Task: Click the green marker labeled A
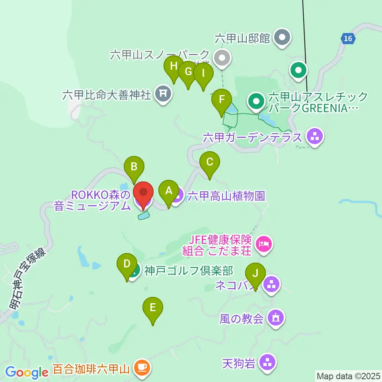169,191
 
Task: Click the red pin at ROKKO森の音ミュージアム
142,194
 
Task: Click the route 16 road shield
347,38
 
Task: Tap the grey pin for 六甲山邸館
283,38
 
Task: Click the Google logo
27,372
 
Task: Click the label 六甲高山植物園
226,195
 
